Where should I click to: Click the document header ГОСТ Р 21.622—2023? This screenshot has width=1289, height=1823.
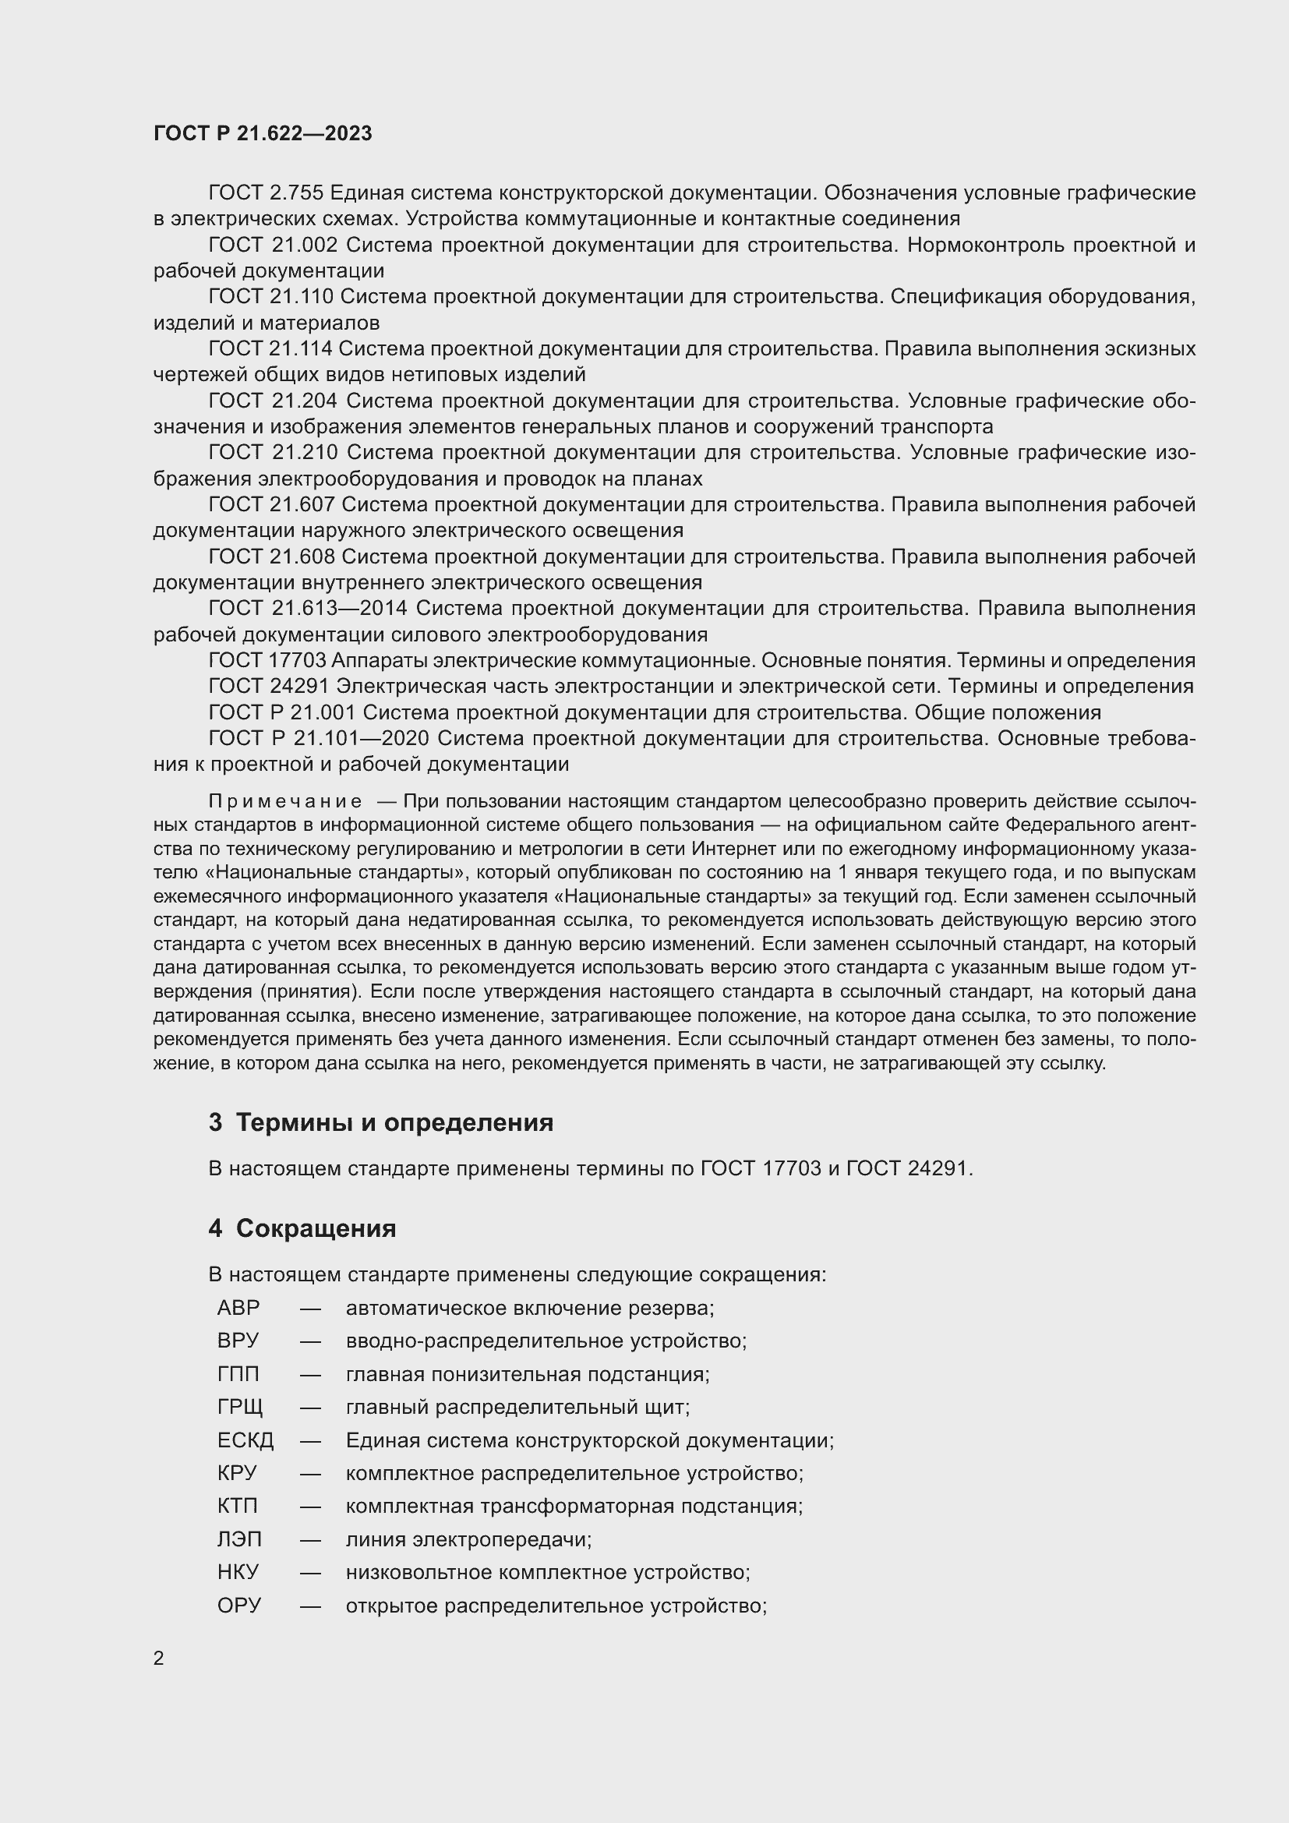point(263,134)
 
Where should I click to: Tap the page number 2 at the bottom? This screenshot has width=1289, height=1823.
point(159,1658)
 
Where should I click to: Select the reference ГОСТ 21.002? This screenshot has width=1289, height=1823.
point(273,245)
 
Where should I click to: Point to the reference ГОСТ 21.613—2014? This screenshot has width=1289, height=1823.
point(308,608)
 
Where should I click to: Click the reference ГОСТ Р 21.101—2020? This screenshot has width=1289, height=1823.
point(318,738)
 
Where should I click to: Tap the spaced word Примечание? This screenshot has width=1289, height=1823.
point(285,801)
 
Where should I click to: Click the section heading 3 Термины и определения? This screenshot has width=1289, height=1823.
point(381,1122)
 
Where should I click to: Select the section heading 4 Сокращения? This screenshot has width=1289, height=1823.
point(302,1228)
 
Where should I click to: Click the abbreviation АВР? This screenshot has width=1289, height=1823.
point(238,1308)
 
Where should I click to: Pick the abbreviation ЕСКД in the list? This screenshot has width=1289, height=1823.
point(245,1440)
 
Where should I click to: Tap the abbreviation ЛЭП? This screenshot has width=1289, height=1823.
point(239,1539)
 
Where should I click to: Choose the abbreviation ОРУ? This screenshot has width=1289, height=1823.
point(239,1606)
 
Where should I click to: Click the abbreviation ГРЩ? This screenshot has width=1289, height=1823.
point(240,1407)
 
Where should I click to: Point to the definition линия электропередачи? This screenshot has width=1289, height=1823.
point(468,1539)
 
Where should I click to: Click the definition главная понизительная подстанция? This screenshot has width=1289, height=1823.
point(527,1374)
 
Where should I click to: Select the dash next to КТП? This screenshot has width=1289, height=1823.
point(310,1507)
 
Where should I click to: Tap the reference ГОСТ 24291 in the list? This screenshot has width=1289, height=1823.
point(268,686)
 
